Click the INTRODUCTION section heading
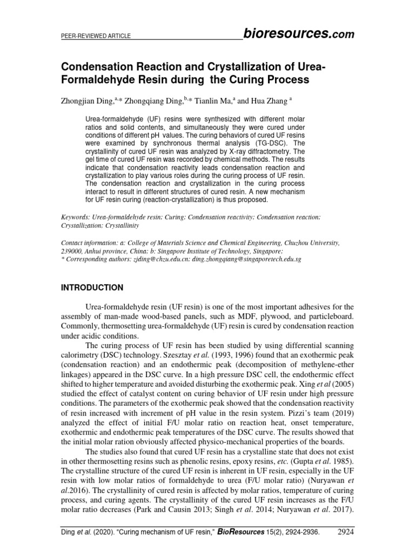tap(92, 287)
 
